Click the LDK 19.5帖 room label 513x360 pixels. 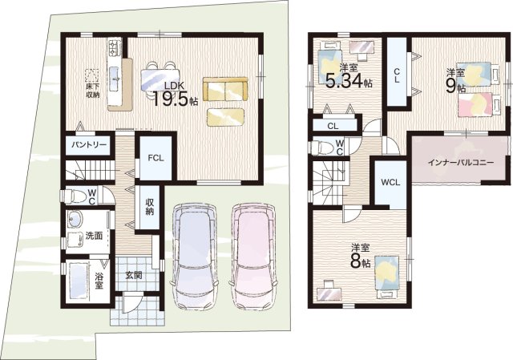pyautogui.click(x=175, y=95)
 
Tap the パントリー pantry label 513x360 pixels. pyautogui.click(x=89, y=144)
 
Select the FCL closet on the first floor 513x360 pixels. pyautogui.click(x=156, y=158)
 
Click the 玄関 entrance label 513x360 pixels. pyautogui.click(x=134, y=276)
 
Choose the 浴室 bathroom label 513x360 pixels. pyautogui.click(x=99, y=281)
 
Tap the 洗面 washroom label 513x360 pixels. pyautogui.click(x=94, y=236)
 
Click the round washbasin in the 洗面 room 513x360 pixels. pyautogui.click(x=75, y=219)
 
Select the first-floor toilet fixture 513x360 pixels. pyautogui.click(x=73, y=196)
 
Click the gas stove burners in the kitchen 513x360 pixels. pyautogui.click(x=114, y=48)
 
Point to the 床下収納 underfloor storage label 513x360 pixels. pyautogui.click(x=93, y=91)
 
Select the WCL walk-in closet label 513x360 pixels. pyautogui.click(x=391, y=182)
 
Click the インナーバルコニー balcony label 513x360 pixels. pyautogui.click(x=461, y=162)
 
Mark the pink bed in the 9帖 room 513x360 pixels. pyautogui.click(x=479, y=104)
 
